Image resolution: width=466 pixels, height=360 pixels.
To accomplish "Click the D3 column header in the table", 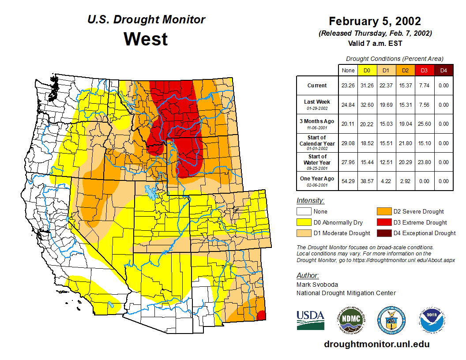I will pyautogui.click(x=424, y=70).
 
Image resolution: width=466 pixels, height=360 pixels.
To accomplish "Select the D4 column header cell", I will pyautogui.click(x=443, y=70).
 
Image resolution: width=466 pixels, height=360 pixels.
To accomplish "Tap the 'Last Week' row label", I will pyautogui.click(x=317, y=105).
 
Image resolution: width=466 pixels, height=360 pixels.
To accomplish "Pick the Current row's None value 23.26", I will pyautogui.click(x=348, y=86).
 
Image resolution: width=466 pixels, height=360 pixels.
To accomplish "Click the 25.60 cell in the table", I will pyautogui.click(x=424, y=124).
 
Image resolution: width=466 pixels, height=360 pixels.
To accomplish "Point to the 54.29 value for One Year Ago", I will pyautogui.click(x=348, y=181).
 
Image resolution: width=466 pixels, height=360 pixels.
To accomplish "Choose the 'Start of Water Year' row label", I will pyautogui.click(x=317, y=162).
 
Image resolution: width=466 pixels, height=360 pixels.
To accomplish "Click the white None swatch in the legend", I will pyautogui.click(x=304, y=212).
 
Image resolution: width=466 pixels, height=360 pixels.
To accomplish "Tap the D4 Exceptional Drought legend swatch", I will pyautogui.click(x=383, y=233).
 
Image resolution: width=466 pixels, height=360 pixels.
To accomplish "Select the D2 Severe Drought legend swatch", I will pyautogui.click(x=383, y=212).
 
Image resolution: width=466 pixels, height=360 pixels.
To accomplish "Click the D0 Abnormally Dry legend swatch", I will pyautogui.click(x=304, y=222).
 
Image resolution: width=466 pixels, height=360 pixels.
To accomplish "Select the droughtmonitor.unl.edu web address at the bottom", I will pyautogui.click(x=376, y=344).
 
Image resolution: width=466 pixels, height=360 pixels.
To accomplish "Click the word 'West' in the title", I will pyautogui.click(x=146, y=39).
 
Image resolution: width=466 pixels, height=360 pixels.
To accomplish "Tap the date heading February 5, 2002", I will pyautogui.click(x=375, y=21).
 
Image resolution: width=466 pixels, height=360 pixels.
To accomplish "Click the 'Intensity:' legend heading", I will pyautogui.click(x=310, y=201).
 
